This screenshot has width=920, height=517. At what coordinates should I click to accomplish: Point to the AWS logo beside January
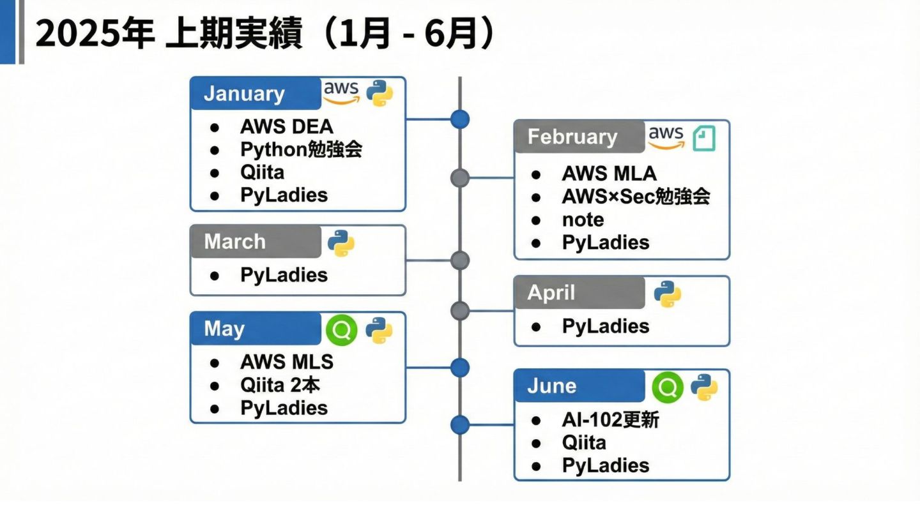pyautogui.click(x=341, y=92)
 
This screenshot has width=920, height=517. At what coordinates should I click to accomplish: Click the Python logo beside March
pyautogui.click(x=341, y=243)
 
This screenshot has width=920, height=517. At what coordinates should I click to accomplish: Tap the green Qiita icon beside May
pyautogui.click(x=341, y=330)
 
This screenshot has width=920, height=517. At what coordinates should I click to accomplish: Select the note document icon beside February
pyautogui.click(x=704, y=138)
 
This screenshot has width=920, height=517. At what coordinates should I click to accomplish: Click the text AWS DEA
pyautogui.click(x=287, y=126)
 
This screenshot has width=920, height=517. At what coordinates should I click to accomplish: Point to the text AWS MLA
pyautogui.click(x=609, y=174)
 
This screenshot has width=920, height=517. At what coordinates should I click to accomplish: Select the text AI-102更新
pyautogui.click(x=610, y=420)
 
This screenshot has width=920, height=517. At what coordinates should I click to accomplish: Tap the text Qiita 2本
pyautogui.click(x=280, y=385)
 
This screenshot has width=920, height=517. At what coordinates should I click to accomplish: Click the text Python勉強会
pyautogui.click(x=302, y=149)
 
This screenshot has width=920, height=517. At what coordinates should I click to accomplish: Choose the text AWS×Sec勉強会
pyautogui.click(x=636, y=197)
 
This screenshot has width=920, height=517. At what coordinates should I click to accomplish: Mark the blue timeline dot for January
pyautogui.click(x=459, y=119)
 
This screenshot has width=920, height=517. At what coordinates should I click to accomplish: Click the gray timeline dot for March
pyautogui.click(x=459, y=260)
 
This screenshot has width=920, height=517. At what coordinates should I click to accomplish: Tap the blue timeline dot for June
pyautogui.click(x=459, y=424)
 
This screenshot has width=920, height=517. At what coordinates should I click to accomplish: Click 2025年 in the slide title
pyautogui.click(x=95, y=34)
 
